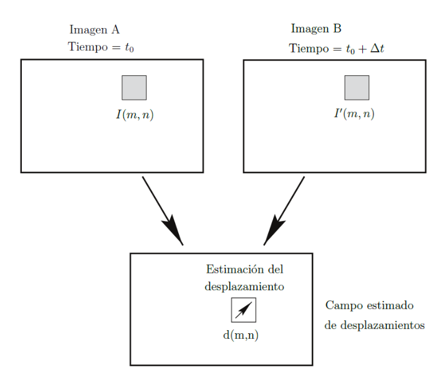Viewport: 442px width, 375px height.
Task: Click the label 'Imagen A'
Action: tap(94, 30)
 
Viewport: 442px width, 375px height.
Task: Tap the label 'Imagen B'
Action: tap(316, 29)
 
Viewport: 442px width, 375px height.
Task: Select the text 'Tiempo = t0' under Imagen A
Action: tap(100, 48)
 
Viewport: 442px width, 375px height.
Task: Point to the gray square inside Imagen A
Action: tap(134, 87)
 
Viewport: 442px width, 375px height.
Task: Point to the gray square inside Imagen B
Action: tap(357, 87)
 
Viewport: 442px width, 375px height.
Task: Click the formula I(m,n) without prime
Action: tap(134, 115)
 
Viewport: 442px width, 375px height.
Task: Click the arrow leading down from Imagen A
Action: tap(159, 205)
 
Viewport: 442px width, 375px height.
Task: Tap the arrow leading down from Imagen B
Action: tap(287, 206)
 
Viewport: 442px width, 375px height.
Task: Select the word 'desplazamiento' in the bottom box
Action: tap(245, 287)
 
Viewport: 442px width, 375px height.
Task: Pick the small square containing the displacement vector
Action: tap(243, 310)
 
